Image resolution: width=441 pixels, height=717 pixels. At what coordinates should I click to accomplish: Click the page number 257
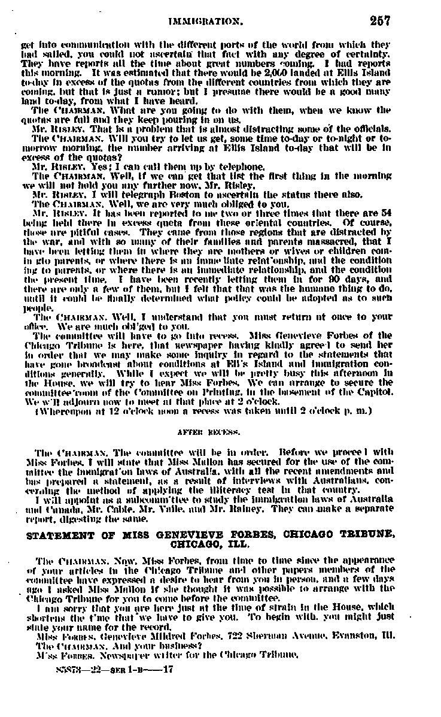pos(379,21)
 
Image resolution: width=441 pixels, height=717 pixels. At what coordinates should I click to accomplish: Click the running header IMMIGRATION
pos(206,22)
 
